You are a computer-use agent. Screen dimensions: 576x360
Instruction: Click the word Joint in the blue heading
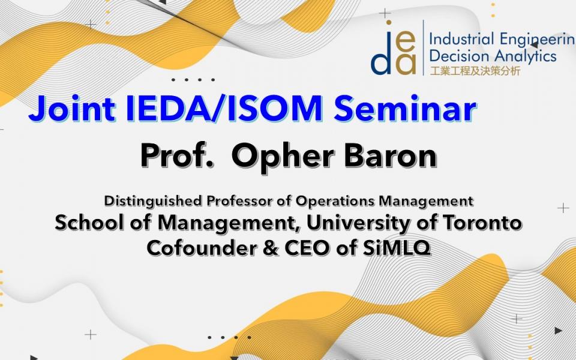72,109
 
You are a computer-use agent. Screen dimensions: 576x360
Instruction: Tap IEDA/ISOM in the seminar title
224,109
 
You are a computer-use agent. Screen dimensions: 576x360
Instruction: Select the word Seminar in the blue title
405,109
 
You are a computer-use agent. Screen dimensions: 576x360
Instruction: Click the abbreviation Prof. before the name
177,155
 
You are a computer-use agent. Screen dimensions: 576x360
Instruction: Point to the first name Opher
283,156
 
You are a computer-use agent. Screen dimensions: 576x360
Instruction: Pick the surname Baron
391,155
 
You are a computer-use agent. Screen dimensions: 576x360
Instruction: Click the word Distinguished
153,202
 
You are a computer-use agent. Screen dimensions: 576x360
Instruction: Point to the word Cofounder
202,248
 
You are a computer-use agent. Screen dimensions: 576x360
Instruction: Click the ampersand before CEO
271,248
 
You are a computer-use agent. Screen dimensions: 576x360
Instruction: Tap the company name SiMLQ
397,248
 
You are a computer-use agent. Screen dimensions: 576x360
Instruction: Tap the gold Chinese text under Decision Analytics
475,71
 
